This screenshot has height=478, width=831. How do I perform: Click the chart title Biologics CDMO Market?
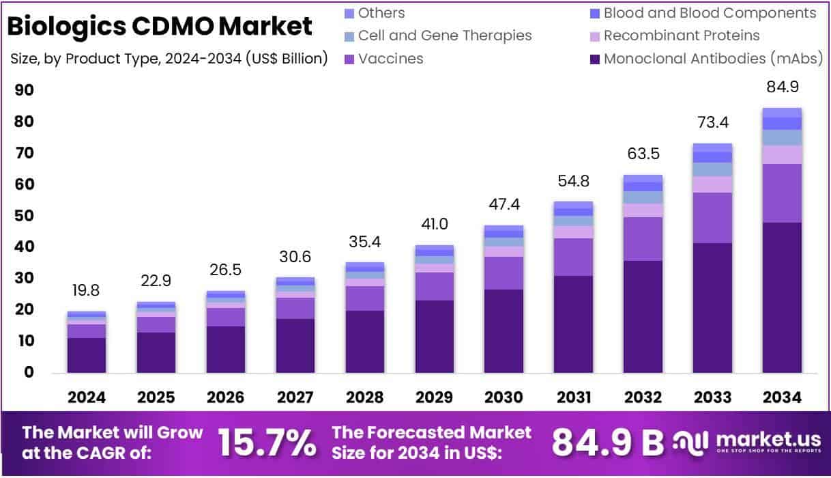[160, 26]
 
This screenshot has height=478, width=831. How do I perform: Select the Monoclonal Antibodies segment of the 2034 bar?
[782, 297]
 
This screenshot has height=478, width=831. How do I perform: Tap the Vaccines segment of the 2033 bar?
[712, 217]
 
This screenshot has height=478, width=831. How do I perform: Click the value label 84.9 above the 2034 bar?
[782, 87]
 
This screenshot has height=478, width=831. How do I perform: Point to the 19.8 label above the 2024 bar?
[86, 290]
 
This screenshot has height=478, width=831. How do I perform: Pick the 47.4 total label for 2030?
[504, 204]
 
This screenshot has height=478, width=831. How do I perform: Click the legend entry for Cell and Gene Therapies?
[444, 36]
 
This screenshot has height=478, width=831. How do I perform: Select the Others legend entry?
[381, 13]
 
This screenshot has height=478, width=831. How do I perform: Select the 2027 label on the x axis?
[295, 397]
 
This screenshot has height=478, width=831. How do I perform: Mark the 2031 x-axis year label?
[573, 397]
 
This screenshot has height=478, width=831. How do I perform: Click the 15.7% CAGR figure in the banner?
[267, 442]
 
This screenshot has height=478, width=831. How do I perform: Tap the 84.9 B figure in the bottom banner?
[607, 442]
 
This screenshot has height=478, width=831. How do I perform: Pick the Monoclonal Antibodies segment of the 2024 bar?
[86, 355]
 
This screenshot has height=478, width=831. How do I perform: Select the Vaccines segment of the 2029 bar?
[434, 286]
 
